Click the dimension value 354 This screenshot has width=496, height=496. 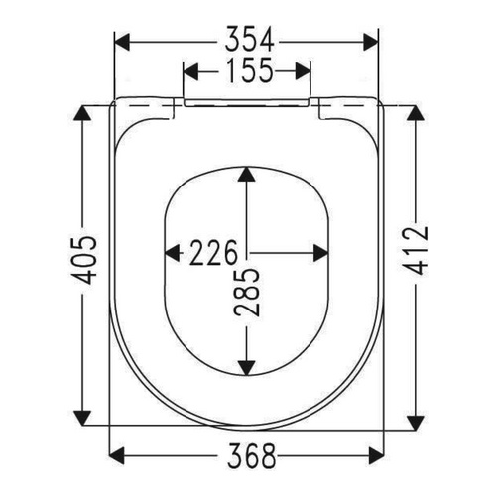click(246, 40)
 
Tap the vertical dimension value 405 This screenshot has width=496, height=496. click(86, 261)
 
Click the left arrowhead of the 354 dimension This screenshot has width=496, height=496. click(123, 41)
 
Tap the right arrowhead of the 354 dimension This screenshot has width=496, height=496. click(370, 41)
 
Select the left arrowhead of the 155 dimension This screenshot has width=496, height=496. click(191, 71)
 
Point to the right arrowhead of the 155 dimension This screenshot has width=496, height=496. click(304, 71)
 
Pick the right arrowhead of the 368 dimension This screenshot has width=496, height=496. click(375, 456)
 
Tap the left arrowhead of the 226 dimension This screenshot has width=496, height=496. click(170, 250)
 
